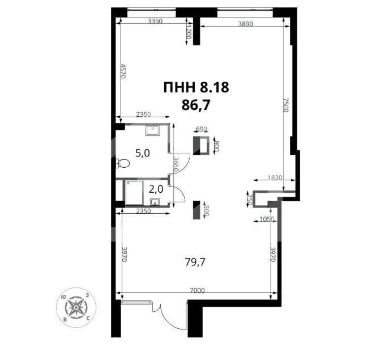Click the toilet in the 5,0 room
point(123,164)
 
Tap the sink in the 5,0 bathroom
point(153,131)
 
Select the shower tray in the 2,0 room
point(134,193)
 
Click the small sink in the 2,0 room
point(155,202)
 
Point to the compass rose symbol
point(76,307)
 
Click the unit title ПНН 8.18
point(196,87)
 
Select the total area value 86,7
point(196,105)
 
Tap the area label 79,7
point(195,262)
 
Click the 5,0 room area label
point(143,153)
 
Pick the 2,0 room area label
point(156,189)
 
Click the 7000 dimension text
point(197,290)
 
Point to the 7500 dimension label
point(286,105)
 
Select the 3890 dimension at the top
point(246,24)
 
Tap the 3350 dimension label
point(155,21)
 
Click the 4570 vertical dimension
point(123,71)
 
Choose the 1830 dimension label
point(275,178)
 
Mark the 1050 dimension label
point(267,219)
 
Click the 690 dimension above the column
point(202,129)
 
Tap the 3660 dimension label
point(176,164)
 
